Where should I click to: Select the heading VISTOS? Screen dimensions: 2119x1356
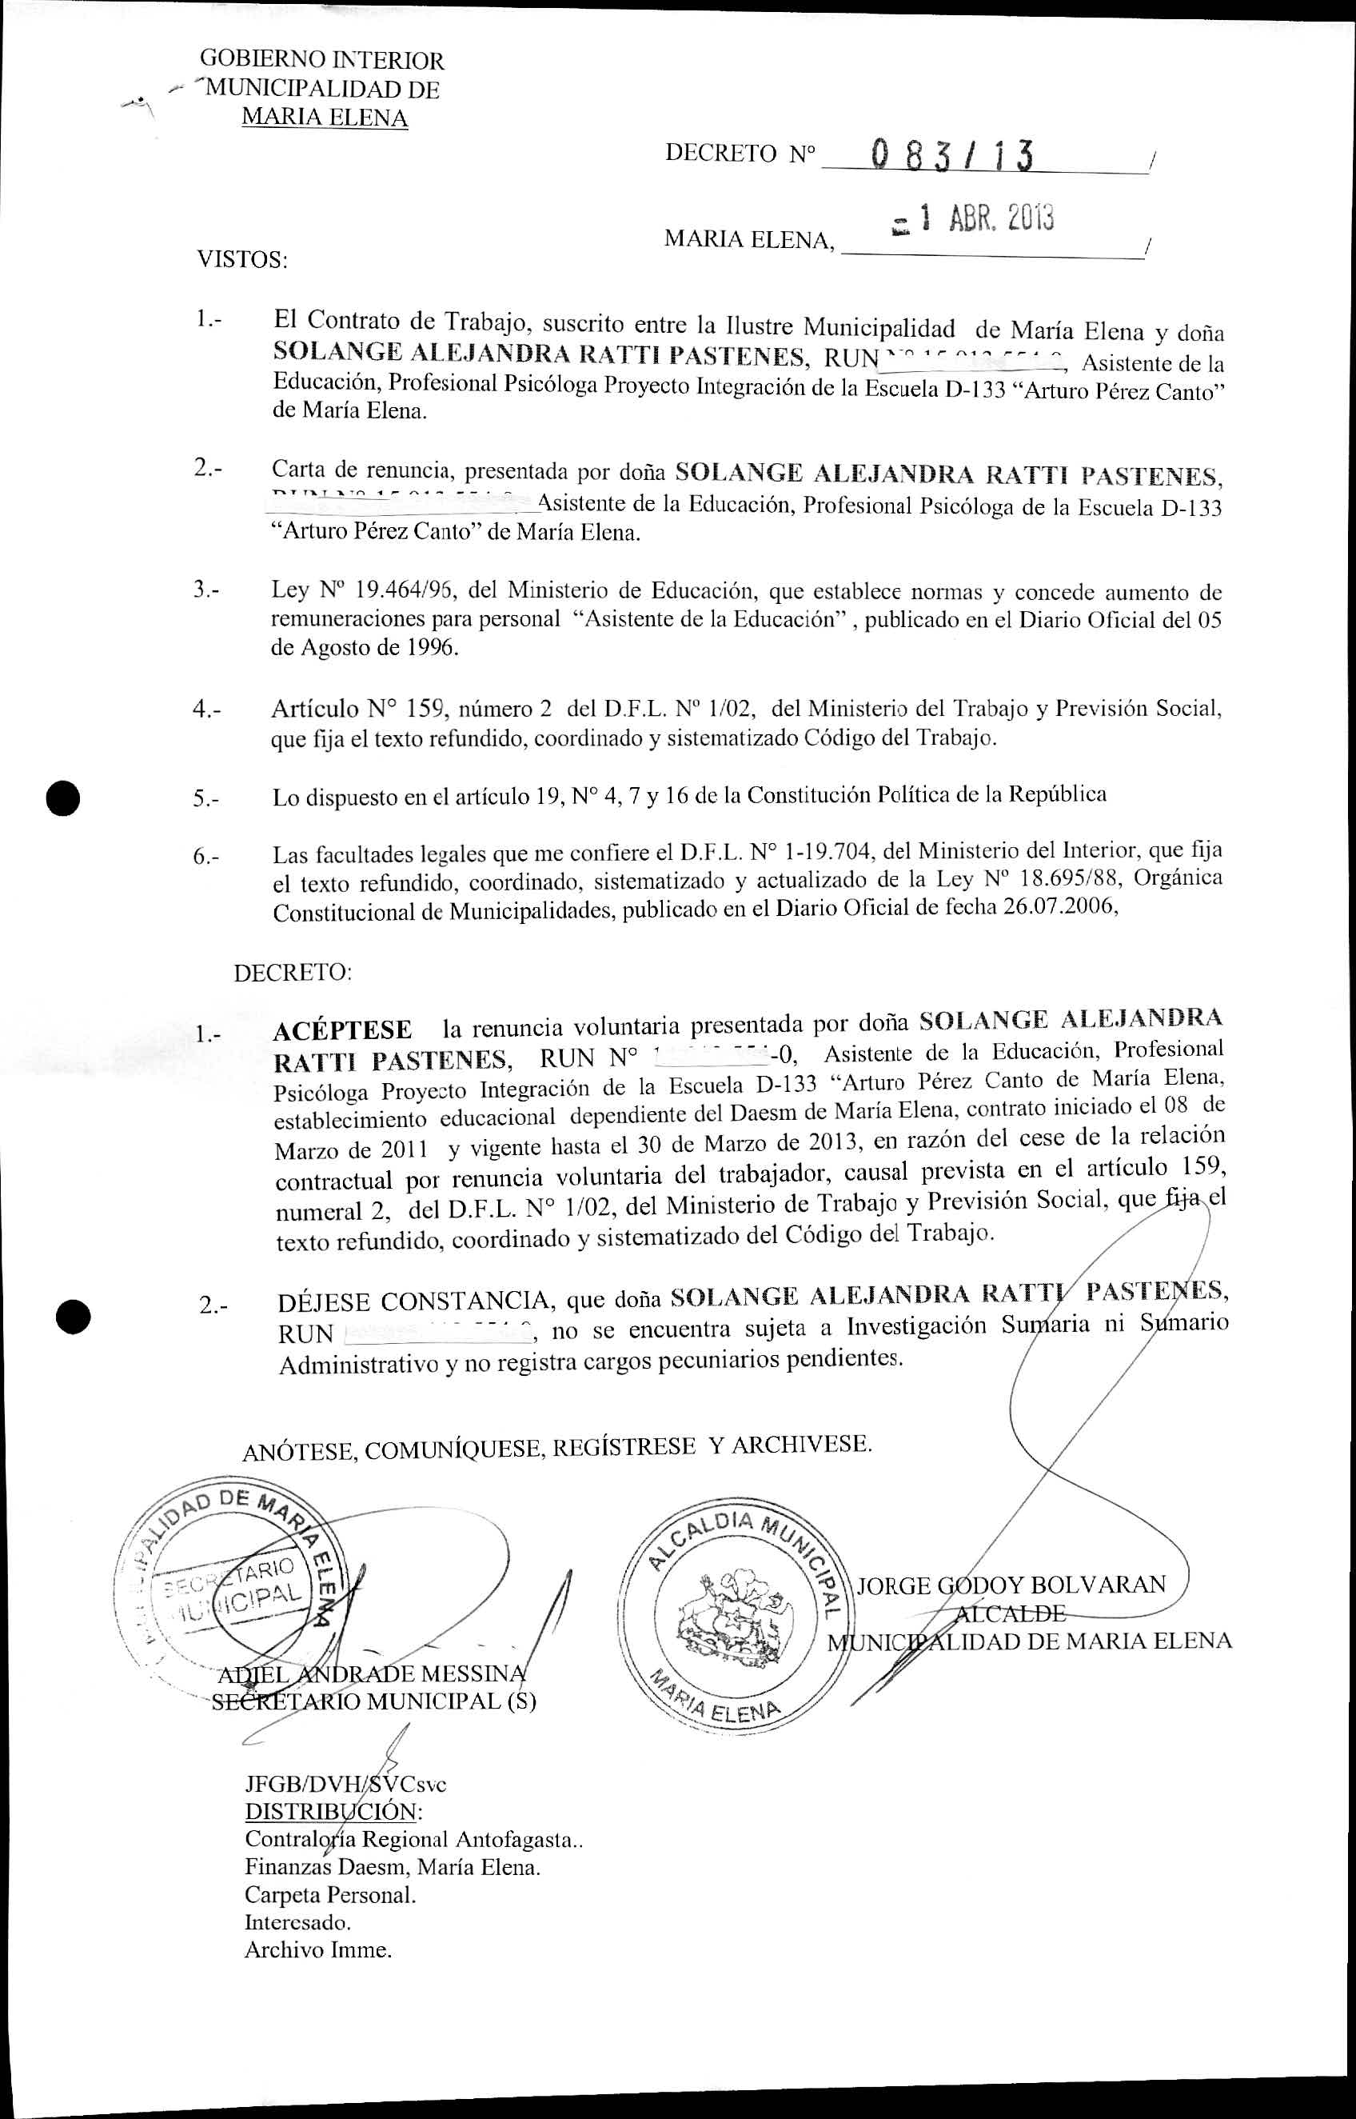click(x=241, y=260)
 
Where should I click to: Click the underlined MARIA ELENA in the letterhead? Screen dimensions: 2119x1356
click(x=324, y=118)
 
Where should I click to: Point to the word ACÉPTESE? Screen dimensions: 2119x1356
click(x=342, y=1030)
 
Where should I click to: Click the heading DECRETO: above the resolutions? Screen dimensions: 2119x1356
click(x=293, y=974)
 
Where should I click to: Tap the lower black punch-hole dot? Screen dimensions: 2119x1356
click(x=72, y=1317)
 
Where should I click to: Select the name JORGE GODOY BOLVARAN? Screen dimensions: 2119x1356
click(x=1011, y=1585)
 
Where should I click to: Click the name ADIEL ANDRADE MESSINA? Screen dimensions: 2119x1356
click(x=374, y=1673)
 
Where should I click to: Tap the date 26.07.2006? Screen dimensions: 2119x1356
click(x=1059, y=908)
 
